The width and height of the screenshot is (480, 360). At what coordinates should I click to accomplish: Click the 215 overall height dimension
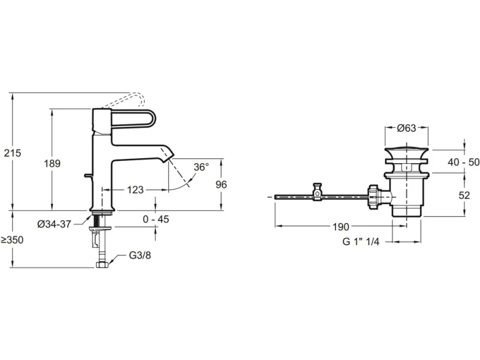tap(12, 153)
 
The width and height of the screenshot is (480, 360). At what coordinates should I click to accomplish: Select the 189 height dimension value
tap(52, 163)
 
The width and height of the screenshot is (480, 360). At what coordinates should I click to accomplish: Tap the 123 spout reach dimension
tap(135, 190)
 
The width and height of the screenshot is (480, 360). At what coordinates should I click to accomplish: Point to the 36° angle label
tap(201, 167)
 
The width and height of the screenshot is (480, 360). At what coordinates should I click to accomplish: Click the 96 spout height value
tap(221, 184)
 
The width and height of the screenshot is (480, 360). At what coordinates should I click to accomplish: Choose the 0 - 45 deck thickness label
tap(156, 219)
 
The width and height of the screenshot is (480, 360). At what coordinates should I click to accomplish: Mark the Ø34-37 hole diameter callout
tap(54, 224)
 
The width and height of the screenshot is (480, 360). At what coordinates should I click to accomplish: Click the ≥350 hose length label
tap(12, 240)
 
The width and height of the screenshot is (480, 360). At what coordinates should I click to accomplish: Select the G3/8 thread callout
tap(140, 255)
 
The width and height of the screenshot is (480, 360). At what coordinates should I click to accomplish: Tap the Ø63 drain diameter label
tap(407, 128)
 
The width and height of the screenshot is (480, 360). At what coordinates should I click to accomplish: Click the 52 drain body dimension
tap(464, 195)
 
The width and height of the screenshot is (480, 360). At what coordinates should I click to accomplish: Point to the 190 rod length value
tap(341, 226)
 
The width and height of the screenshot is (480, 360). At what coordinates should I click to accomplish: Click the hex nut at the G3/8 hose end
tap(102, 265)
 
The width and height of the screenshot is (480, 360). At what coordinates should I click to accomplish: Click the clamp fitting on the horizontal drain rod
tap(318, 192)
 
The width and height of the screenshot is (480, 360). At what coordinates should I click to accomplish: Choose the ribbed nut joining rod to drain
tap(374, 197)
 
